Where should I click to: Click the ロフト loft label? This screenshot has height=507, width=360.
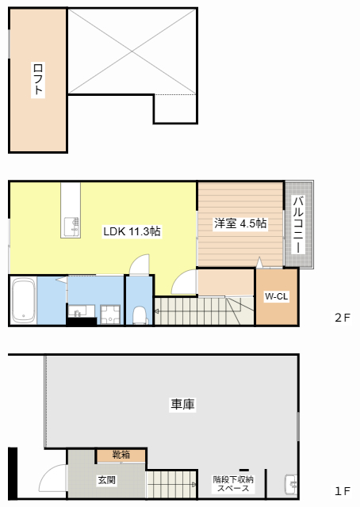tap(38, 79)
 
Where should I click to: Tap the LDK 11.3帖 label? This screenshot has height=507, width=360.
tap(132, 231)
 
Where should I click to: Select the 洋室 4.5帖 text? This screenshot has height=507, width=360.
tap(240, 223)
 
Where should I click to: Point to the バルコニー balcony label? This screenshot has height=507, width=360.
tap(298, 224)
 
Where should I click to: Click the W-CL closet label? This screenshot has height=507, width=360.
tap(276, 296)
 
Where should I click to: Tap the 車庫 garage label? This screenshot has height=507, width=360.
tap(182, 404)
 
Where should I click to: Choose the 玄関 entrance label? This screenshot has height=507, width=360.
tap(106, 480)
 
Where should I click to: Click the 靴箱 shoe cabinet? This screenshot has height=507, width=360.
tap(121, 456)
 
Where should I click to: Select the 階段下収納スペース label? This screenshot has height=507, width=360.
tap(233, 484)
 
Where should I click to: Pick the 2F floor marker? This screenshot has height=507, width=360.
tap(343, 318)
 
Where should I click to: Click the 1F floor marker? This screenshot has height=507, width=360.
tap(343, 491)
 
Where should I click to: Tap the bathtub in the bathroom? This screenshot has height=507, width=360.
tap(24, 300)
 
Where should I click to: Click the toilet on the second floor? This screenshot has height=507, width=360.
tap(140, 315)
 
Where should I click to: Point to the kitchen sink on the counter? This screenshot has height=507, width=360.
tap(71, 227)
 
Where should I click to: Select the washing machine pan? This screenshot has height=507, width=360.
tap(110, 314)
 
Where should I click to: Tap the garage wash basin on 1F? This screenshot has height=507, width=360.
tap(291, 484)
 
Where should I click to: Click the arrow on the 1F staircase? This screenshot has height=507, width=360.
tap(194, 484)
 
